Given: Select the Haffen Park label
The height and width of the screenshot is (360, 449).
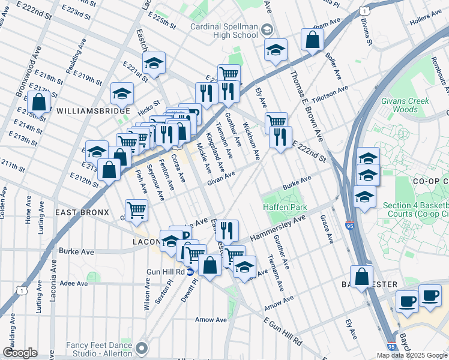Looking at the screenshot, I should pos(285,208).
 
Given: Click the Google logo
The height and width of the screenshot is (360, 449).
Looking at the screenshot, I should pos(20,352).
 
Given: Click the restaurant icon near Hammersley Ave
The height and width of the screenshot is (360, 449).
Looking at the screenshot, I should pos(227,230).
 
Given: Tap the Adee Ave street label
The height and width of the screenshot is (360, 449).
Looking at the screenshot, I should pos(74,283).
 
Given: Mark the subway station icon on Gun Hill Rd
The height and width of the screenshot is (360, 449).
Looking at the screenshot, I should pos(191,271).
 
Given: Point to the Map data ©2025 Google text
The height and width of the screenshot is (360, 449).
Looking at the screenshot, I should pos(411,355).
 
